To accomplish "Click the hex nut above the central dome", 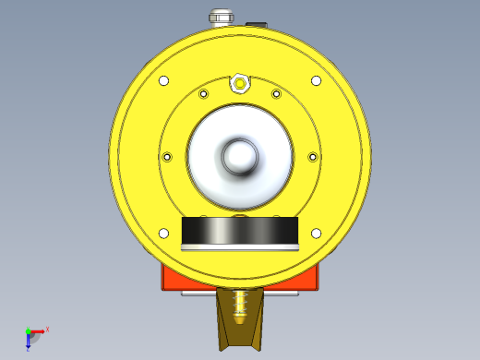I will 240,83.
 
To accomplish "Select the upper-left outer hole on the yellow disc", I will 164,80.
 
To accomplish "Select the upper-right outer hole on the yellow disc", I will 317,80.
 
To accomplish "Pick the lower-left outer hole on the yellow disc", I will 163,233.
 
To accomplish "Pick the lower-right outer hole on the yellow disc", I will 317,233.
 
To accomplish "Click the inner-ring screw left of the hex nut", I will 204,93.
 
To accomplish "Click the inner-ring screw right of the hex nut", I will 276,93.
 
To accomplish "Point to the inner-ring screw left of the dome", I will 167,157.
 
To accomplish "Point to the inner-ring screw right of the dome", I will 312,157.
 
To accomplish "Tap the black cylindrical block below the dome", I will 240,232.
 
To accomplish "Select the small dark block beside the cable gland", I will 257,24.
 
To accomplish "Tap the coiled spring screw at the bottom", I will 241,305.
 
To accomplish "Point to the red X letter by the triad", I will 47,329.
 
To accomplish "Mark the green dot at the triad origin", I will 28,330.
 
